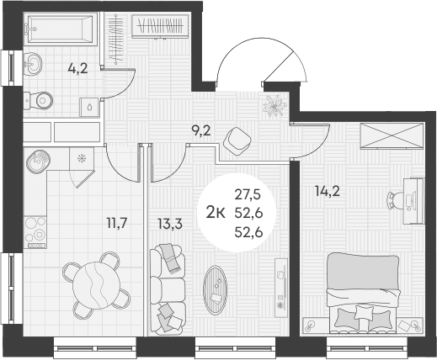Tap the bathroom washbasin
click(x=33, y=64)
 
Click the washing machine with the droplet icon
click(x=88, y=106)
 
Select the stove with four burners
click(x=36, y=229)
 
